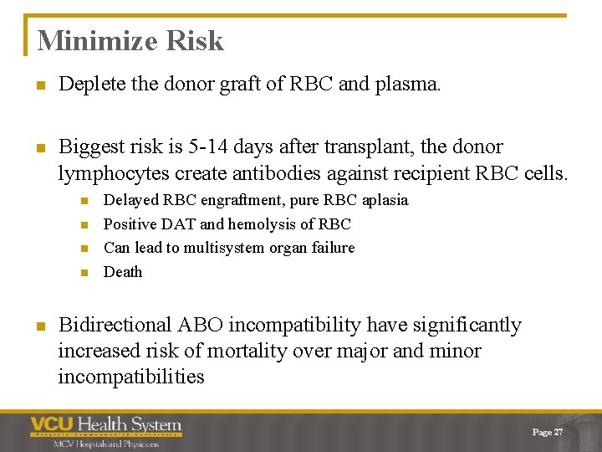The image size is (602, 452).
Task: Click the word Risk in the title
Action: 196,40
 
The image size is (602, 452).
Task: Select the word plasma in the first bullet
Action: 408,85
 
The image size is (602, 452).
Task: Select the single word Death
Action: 123,272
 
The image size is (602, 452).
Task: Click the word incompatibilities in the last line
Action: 131,377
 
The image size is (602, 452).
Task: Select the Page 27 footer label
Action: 548,432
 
